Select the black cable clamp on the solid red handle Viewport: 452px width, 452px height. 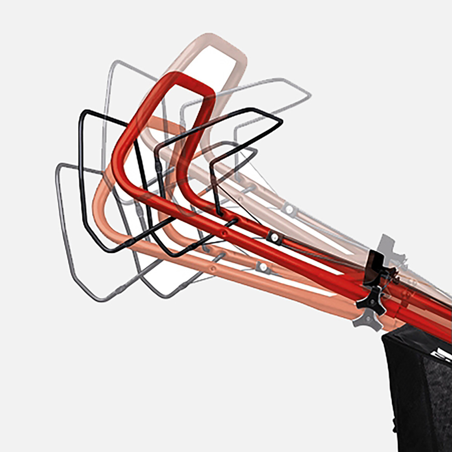pos(274,237)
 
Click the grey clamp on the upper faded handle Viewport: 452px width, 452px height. pos(290,209)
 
